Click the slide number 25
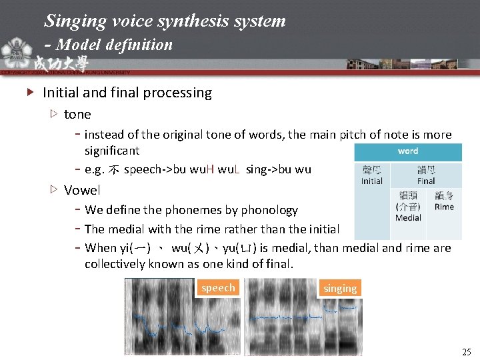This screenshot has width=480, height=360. click(x=466, y=351)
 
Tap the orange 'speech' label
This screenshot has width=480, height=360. click(x=218, y=287)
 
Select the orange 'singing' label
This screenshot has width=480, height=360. click(x=340, y=288)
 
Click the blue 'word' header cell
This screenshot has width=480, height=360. click(x=408, y=151)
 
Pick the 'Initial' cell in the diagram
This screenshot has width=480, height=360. click(x=372, y=175)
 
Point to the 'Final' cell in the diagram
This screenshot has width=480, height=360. click(x=426, y=175)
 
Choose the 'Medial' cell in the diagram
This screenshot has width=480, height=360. click(x=408, y=207)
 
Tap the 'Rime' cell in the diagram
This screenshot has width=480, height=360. click(x=444, y=201)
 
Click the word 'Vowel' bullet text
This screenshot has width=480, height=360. click(x=82, y=190)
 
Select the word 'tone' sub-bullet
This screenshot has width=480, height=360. click(x=77, y=114)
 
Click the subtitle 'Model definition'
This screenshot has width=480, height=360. click(x=115, y=45)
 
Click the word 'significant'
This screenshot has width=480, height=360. click(x=112, y=151)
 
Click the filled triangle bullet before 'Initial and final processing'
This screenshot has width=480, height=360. click(x=29, y=93)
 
